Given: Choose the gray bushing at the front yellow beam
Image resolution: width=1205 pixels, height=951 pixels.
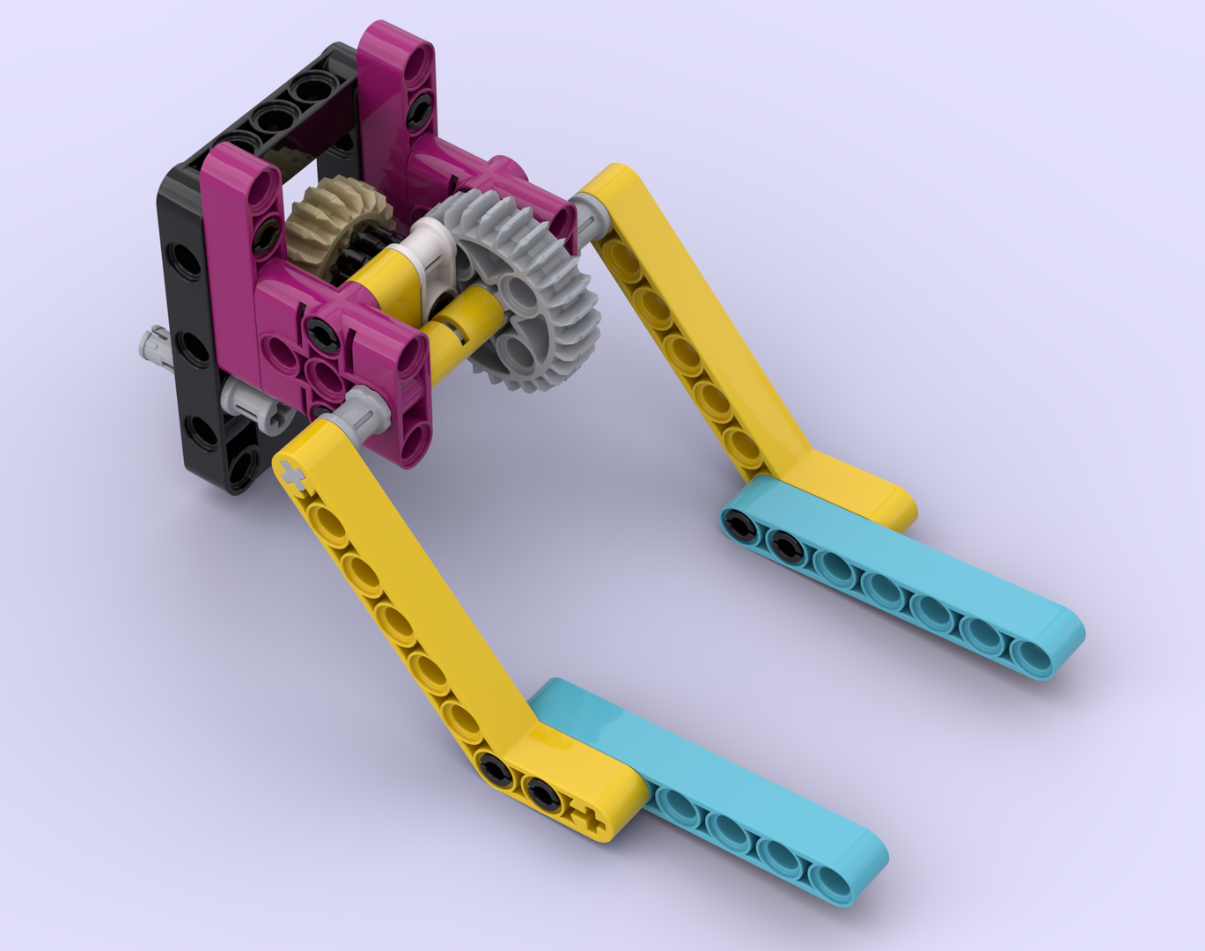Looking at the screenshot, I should tap(361, 407).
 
